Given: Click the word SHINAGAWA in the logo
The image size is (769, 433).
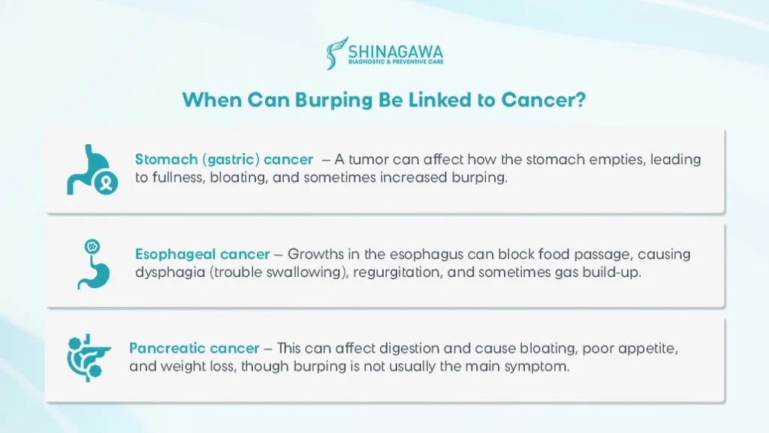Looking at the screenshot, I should pos(395,51).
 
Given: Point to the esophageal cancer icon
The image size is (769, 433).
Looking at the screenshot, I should pos(89,264).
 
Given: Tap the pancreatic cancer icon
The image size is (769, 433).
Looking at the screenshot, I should pos(86,358).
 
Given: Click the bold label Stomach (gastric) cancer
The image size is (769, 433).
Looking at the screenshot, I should pos(225,159).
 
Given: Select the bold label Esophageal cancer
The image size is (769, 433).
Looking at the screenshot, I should pos(198,254).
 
